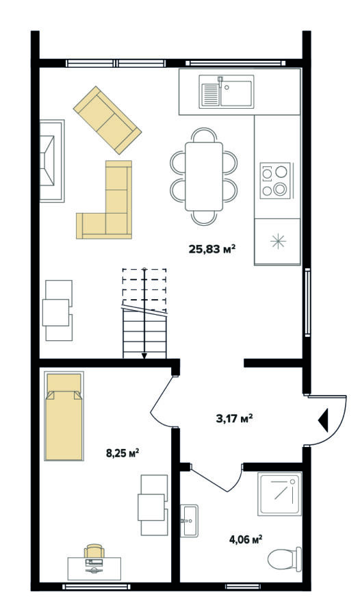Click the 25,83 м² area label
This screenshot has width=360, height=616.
pos(212,249)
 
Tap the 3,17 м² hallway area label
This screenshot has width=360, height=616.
pos(234,418)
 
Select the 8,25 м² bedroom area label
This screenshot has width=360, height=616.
pos(123,453)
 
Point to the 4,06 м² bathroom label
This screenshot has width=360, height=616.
pos(246,539)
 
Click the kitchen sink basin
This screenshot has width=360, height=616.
pos(236,94)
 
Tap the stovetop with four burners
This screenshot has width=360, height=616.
pos(275,180)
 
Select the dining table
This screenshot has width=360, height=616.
pos(204,177)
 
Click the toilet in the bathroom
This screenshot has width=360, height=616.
pos(285,559)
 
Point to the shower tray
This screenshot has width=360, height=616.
pos(280,493)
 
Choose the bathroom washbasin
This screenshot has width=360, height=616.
pos(189,521)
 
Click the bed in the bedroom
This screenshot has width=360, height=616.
pos(64,415)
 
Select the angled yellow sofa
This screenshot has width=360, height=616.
pos(107,120)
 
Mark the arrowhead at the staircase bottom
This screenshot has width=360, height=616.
pos(144,356)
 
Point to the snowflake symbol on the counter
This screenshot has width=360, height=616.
pos(278,241)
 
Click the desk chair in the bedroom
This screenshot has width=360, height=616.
pos(94,551)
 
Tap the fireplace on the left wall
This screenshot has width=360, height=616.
pos(52,161)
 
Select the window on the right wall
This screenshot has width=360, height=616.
pos(308,302)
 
